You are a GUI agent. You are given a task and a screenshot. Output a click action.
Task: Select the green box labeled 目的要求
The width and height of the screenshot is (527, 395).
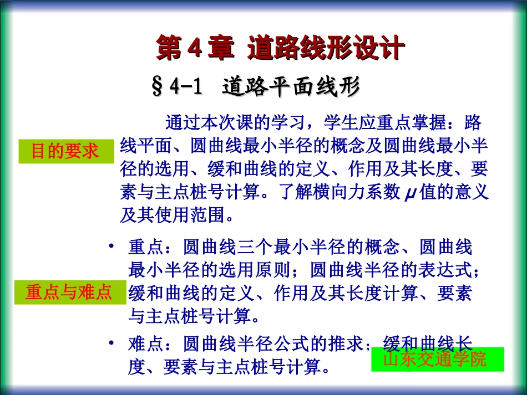65,151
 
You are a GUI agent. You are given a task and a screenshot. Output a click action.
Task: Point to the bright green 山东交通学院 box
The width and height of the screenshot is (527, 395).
437,360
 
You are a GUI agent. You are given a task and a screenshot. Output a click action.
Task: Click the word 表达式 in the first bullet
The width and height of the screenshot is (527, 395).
455,270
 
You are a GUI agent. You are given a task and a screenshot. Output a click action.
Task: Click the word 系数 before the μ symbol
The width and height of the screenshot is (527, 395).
384,192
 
